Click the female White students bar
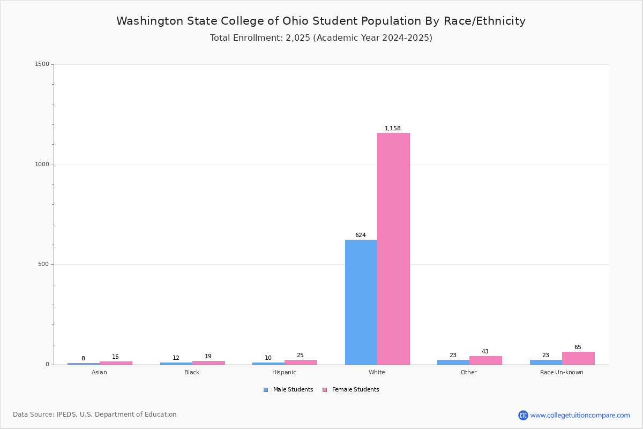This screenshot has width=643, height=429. click(x=393, y=249)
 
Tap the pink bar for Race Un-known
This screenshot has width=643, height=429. click(x=578, y=358)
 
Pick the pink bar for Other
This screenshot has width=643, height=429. click(x=485, y=360)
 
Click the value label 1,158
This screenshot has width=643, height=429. click(x=392, y=129)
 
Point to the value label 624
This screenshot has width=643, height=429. click(x=360, y=235)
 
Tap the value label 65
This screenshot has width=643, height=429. click(x=578, y=347)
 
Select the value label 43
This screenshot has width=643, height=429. click(x=485, y=352)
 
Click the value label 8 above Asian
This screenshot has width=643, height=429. click(x=83, y=359)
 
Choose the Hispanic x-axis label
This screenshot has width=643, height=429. click(x=284, y=373)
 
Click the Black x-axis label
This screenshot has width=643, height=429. click(x=192, y=373)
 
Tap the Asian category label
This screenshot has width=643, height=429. click(x=99, y=373)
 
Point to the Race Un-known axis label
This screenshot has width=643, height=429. click(x=562, y=373)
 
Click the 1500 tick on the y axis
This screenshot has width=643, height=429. click(x=42, y=64)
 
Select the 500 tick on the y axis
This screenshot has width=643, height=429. click(x=43, y=264)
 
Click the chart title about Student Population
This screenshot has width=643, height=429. click(x=321, y=21)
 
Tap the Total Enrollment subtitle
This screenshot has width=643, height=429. click(x=321, y=38)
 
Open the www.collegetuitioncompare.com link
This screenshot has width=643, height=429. click(x=580, y=415)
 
